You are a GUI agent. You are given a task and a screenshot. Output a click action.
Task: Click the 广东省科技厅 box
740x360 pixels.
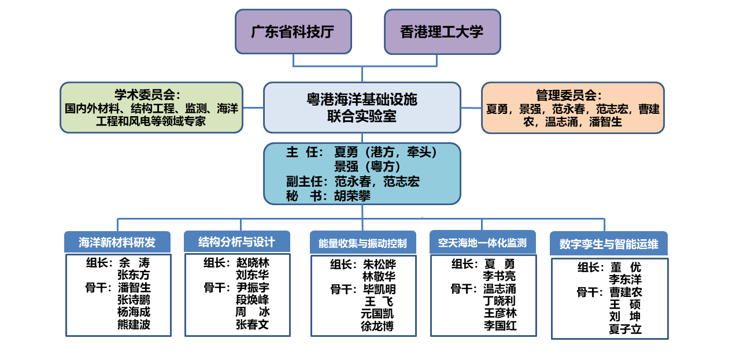point(293,32)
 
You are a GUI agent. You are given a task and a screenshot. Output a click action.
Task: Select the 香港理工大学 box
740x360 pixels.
point(442,32)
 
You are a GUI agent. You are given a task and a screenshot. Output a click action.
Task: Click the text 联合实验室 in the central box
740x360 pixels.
point(362,116)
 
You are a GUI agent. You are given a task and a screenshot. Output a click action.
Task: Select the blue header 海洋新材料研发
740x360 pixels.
point(117,242)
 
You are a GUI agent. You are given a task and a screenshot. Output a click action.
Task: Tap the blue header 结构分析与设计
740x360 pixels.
point(236,241)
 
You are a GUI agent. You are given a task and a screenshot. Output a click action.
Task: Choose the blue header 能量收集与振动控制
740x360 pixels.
point(362,243)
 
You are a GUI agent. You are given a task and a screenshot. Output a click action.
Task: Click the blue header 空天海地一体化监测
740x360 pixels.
point(482,243)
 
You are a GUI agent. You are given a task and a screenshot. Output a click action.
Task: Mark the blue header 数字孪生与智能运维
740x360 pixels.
point(609,244)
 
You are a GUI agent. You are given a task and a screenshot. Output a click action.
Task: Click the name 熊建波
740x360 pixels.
point(134,324)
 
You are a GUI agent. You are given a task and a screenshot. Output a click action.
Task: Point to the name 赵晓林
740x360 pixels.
point(253,262)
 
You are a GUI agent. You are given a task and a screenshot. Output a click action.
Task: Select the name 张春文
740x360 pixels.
point(253,324)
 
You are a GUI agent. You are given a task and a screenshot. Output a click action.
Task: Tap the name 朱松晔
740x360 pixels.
point(379,265)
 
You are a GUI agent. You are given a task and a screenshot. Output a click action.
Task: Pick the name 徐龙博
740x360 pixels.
point(377,326)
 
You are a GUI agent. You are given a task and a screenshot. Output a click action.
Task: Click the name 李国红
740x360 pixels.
point(500,325)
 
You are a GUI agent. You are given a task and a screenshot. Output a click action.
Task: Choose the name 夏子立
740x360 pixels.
point(626,329)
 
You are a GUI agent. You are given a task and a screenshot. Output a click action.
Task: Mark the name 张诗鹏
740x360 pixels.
point(134,299)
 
